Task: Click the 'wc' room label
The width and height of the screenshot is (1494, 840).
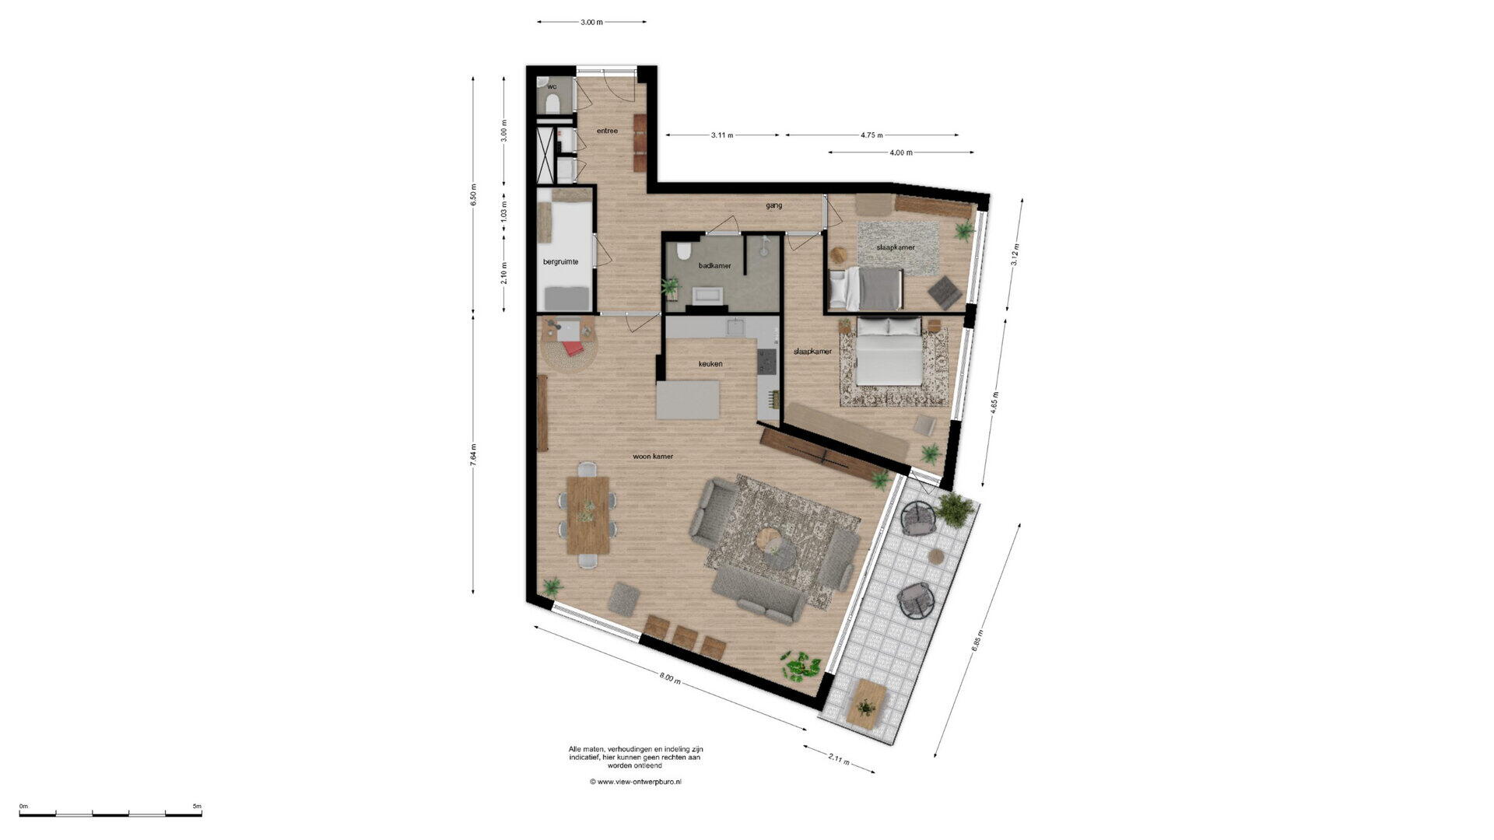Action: point(552,86)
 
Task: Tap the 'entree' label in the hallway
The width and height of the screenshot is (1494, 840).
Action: point(607,131)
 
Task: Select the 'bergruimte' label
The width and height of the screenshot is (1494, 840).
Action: point(560,262)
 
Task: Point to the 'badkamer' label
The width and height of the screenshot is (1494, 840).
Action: point(714,266)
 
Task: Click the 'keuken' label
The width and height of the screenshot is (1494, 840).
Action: point(710,364)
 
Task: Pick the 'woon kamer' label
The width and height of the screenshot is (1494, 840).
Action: point(653,457)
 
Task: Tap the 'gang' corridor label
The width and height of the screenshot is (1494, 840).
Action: point(773,206)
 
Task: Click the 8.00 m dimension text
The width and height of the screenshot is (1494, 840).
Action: point(670,678)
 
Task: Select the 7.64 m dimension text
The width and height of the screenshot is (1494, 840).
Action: point(473,454)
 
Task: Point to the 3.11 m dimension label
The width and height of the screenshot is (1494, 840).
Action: point(722,135)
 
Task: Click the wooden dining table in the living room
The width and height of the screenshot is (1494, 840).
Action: point(588,515)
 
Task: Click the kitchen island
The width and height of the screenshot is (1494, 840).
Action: point(689,401)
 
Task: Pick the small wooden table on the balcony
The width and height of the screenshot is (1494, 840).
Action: point(866,703)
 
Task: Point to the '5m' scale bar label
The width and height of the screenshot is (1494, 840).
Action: point(197,807)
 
